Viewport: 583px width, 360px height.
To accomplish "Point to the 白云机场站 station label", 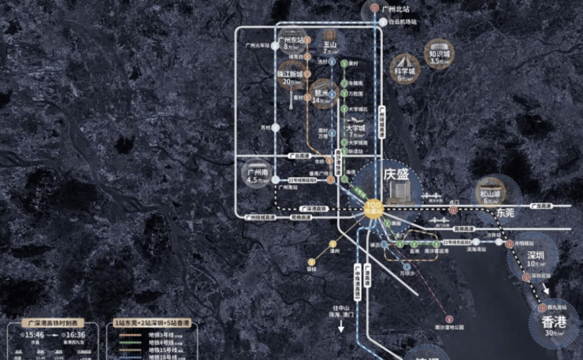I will pyautogui.click(x=402, y=22).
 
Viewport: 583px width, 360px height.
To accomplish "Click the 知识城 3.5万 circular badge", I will pyautogui.click(x=440, y=53).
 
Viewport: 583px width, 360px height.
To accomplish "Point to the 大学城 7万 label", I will pyautogui.click(x=356, y=131).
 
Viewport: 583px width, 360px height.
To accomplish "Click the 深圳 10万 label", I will pyautogui.click(x=537, y=258).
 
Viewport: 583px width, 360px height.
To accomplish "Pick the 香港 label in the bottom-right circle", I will pyautogui.click(x=554, y=323).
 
